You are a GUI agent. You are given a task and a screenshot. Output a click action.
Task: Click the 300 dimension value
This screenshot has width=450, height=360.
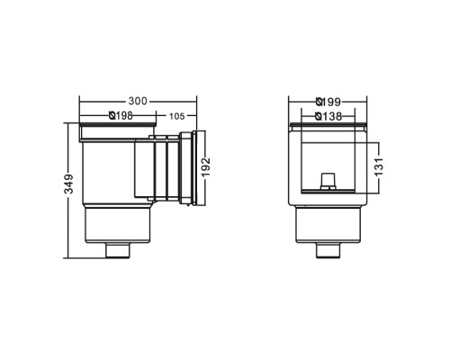[x=138, y=101]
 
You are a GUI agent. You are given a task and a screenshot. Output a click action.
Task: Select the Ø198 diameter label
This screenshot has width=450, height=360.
[x=121, y=115]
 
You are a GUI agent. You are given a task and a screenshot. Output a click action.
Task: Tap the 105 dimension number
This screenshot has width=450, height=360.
[x=177, y=116]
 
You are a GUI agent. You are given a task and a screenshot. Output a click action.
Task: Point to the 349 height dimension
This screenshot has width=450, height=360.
[x=69, y=184]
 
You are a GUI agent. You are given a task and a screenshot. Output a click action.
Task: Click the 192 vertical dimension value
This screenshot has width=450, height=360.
[x=206, y=167]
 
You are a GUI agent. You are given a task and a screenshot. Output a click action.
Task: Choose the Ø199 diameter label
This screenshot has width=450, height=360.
[x=328, y=102]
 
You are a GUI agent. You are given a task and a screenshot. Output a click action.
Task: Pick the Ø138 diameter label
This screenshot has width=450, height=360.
[x=328, y=116]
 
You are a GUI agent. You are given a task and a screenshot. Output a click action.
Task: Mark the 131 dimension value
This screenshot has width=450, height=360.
[x=379, y=166]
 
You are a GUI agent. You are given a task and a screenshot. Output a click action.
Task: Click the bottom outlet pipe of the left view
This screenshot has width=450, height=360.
[x=118, y=250]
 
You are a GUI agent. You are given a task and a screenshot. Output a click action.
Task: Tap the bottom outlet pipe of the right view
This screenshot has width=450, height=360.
[x=328, y=250]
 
